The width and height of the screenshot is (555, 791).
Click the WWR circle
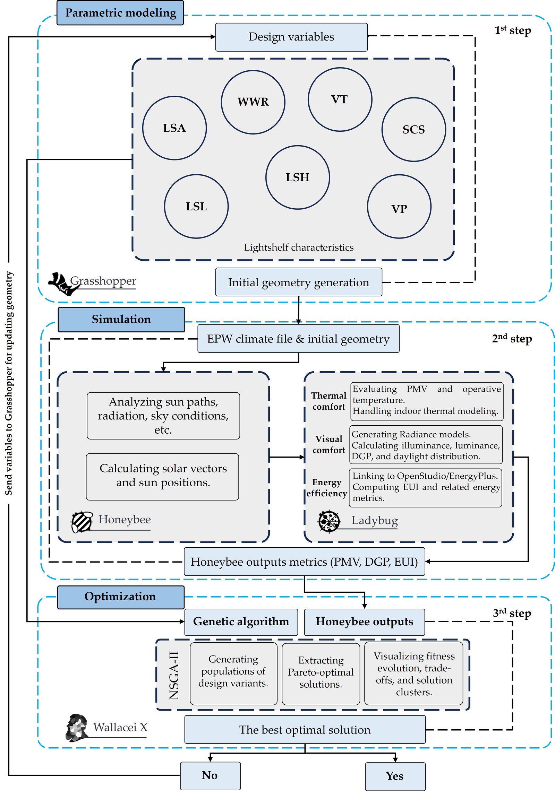[253, 102]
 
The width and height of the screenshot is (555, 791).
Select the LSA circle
[174, 128]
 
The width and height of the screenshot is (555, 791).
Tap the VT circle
[340, 99]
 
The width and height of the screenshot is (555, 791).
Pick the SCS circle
[413, 130]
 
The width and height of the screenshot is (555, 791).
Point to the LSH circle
[298, 177]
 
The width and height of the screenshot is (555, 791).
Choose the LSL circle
[196, 206]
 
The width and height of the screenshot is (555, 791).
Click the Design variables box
[291, 37]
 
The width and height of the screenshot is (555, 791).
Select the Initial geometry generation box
[299, 282]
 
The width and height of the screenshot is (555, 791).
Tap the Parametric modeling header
[120, 13]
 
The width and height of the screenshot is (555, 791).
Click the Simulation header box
[121, 319]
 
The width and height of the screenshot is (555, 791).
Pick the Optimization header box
[121, 597]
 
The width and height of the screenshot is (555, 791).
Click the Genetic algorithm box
[241, 622]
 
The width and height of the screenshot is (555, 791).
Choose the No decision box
[210, 775]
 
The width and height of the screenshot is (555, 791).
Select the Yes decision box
[395, 776]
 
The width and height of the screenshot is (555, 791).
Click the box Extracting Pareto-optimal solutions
[321, 672]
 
